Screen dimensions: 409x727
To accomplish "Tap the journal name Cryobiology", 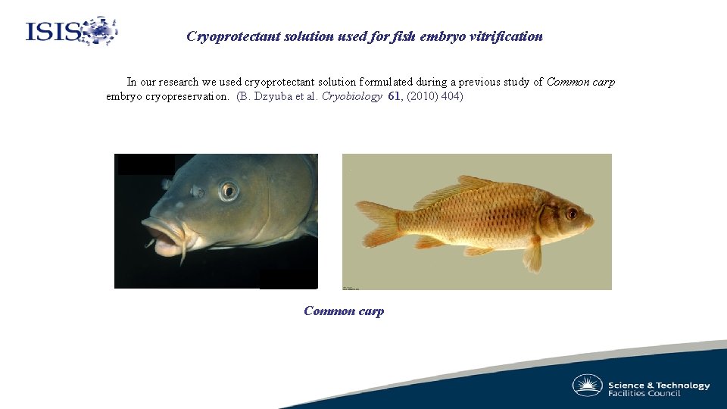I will point(353,96).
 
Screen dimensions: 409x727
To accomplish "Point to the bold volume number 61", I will point(395,96).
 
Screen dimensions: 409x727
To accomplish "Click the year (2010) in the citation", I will point(422,96).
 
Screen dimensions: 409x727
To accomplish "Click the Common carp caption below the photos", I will point(344,311).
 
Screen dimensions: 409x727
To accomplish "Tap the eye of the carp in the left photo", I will point(228,190).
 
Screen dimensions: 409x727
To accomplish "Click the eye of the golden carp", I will point(572,214).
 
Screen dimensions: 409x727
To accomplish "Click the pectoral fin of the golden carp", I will point(533,254).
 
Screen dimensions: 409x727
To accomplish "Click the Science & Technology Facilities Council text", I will point(659,389).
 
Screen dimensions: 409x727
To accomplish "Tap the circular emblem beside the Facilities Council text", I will point(587,386).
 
